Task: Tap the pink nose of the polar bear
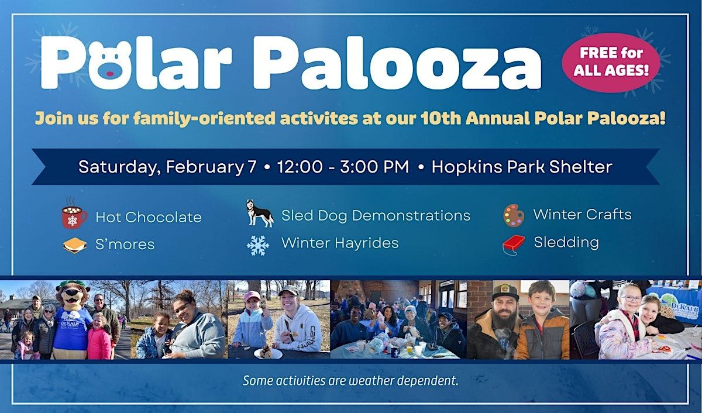[x=110, y=74]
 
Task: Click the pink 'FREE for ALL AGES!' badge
[x=611, y=63]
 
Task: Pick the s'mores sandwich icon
[x=75, y=245]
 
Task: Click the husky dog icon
[x=259, y=213]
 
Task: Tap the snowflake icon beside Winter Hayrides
[x=258, y=245]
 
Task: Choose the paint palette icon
[x=514, y=215]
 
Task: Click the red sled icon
[x=514, y=245]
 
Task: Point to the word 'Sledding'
[x=566, y=243]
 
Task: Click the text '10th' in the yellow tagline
[x=441, y=118]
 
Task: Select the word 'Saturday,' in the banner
[x=117, y=167]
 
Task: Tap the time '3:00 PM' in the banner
[x=374, y=166]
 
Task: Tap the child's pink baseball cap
[x=252, y=296]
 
